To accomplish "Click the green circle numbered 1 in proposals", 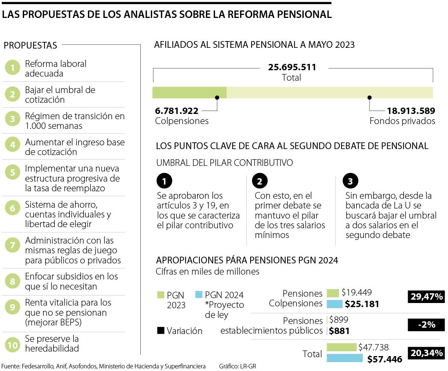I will (13, 68).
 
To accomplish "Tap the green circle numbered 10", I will (13, 345).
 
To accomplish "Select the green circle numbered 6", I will (13, 208).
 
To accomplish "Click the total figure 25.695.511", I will (292, 68).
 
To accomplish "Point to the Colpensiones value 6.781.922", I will (177, 111).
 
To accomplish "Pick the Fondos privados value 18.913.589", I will (411, 111).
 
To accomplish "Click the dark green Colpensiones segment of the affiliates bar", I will (189, 92).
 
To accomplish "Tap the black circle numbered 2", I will (260, 182).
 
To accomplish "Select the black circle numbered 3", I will (350, 182).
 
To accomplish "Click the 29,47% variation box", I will (426, 297).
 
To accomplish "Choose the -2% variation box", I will (426, 325).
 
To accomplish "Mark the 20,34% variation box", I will (426, 353).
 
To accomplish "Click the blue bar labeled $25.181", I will (335, 304).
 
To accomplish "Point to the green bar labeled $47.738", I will (342, 347).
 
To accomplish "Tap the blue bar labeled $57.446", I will (345, 358).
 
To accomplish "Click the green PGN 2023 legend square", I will (161, 295).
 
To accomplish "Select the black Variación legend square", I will (161, 331).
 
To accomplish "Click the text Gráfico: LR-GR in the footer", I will (237, 367).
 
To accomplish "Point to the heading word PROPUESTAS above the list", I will (30, 46).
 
